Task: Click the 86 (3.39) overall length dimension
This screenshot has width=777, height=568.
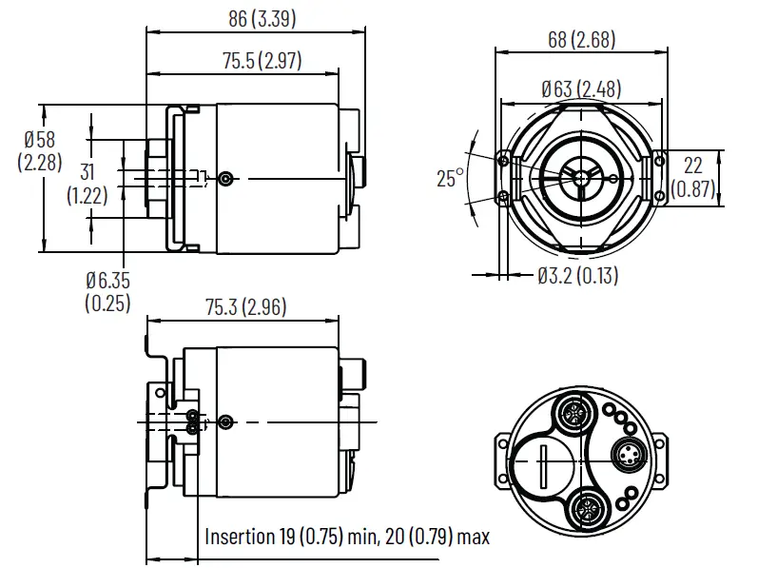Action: point(254,18)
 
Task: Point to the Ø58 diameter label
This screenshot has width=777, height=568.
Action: point(39,139)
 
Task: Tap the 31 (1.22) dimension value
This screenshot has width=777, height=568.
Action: point(87,173)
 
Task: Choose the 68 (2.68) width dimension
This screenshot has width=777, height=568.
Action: point(581,39)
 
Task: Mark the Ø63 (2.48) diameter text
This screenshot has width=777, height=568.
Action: point(580,89)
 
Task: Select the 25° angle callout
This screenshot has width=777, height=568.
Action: point(450,178)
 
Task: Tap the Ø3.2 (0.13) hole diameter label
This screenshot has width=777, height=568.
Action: point(576,276)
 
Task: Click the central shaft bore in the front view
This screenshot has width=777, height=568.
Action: point(579,177)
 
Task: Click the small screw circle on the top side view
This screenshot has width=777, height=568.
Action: point(225,178)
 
